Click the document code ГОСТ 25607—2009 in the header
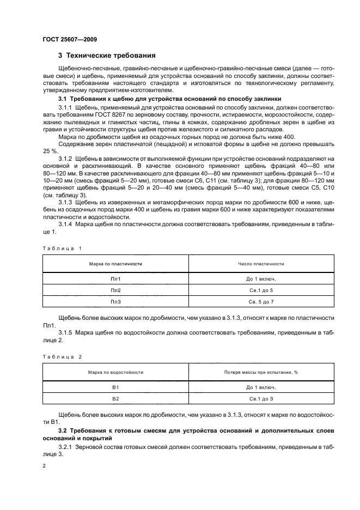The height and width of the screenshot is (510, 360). click(70, 39)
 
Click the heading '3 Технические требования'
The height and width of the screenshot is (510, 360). click(107, 56)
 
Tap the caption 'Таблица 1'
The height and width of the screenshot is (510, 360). click(62, 248)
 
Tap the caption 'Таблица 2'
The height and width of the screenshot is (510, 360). click(62, 356)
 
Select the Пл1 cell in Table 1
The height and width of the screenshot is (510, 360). click(115, 278)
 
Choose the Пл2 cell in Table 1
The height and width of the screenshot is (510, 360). click(115, 290)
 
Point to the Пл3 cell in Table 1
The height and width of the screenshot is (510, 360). click(115, 301)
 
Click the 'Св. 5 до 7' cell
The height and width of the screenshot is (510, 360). click(260, 301)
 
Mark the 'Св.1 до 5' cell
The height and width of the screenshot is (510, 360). click(260, 290)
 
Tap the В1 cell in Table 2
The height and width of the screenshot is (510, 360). click(115, 387)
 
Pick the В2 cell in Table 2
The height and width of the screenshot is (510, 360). click(115, 398)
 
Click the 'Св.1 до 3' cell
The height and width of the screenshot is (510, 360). click(260, 398)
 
